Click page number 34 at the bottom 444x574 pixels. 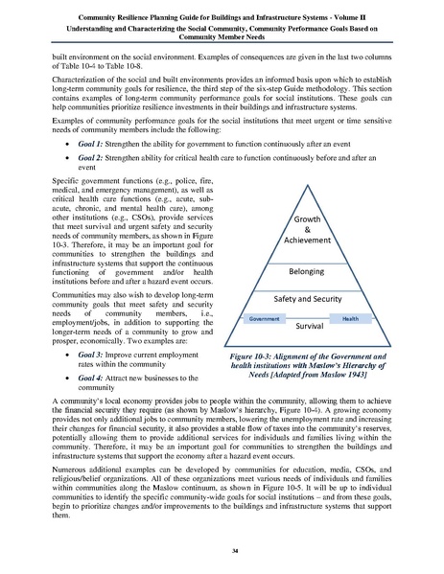point(222,549)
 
